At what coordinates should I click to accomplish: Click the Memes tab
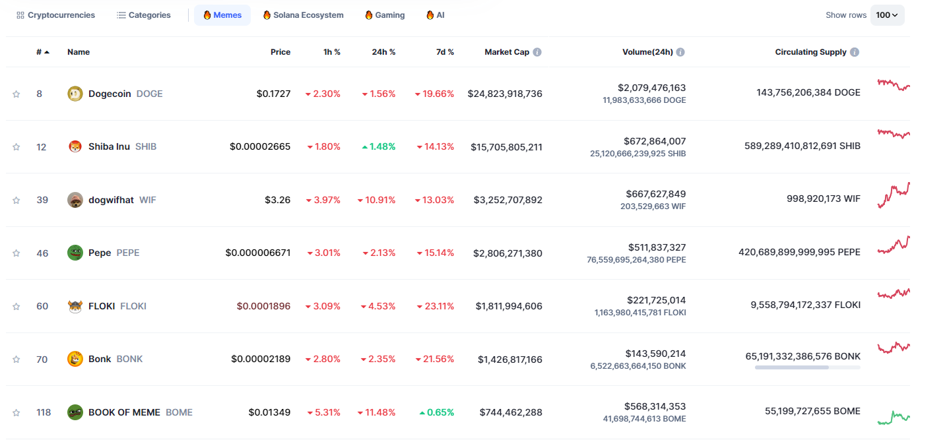[x=222, y=15]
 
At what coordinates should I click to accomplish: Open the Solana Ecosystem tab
[x=303, y=15]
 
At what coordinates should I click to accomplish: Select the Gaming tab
[x=385, y=15]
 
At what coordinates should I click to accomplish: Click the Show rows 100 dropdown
[x=887, y=15]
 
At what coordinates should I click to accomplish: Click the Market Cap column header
[x=507, y=52]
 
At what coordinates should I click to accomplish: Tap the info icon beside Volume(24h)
[x=680, y=52]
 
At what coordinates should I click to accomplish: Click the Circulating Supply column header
[x=810, y=52]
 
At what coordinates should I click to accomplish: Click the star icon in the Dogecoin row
[x=16, y=94]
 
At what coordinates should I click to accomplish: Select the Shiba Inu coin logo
[x=75, y=146]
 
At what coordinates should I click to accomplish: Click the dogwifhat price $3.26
[x=277, y=200]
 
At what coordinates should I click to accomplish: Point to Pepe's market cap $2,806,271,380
[x=507, y=253]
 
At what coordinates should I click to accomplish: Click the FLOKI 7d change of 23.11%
[x=436, y=306]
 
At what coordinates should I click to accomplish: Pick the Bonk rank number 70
[x=42, y=360]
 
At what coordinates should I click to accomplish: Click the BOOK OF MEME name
[x=124, y=412]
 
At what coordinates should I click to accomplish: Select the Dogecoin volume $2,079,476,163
[x=651, y=88]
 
